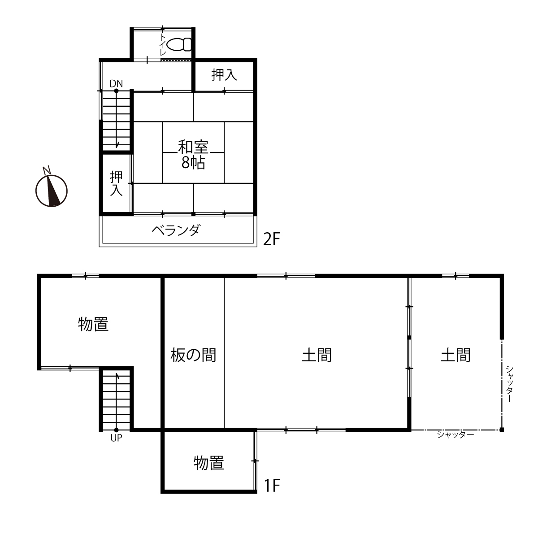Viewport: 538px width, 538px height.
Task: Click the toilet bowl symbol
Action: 180,44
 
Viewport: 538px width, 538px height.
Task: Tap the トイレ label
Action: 162,44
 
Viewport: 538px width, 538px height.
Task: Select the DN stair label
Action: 116,83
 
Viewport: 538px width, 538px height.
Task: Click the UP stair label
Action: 116,438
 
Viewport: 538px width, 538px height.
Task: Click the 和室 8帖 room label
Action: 193,155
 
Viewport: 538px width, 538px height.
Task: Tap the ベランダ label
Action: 176,230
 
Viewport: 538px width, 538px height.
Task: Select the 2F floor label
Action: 271,239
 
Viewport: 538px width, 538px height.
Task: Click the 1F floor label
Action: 272,462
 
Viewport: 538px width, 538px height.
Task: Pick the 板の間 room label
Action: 193,355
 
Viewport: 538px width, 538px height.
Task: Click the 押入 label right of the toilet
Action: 224,75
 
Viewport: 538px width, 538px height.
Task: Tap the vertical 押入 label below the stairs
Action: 116,183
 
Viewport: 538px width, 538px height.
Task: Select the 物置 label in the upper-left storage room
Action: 93,324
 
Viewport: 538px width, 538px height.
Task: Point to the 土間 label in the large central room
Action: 317,355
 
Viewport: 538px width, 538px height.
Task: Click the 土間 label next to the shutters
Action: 456,355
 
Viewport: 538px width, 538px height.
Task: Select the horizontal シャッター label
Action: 456,434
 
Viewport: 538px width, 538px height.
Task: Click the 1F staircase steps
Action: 116,399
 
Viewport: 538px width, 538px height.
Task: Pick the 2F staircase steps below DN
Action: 116,120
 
